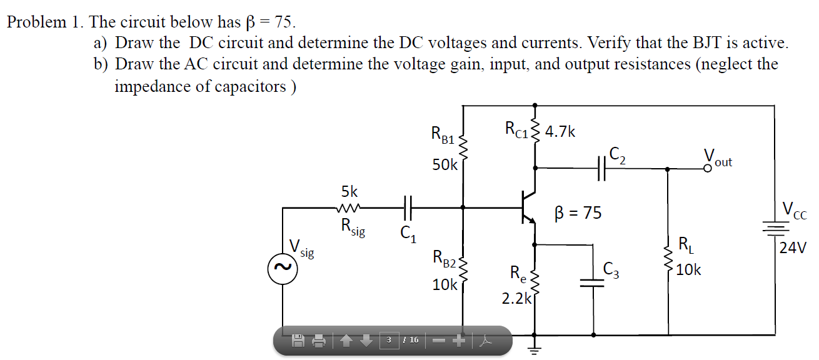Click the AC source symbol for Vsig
[x=282, y=269]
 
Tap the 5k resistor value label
[x=349, y=191]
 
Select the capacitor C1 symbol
[x=408, y=207]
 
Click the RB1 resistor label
[x=443, y=134]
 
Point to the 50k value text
[x=445, y=166]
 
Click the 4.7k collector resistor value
[x=560, y=132]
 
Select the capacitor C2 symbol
[x=602, y=168]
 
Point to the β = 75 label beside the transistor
[x=578, y=213]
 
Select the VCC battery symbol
[x=775, y=229]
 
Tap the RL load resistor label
[x=685, y=244]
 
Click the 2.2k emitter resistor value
[x=516, y=299]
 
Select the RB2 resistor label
[x=445, y=258]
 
